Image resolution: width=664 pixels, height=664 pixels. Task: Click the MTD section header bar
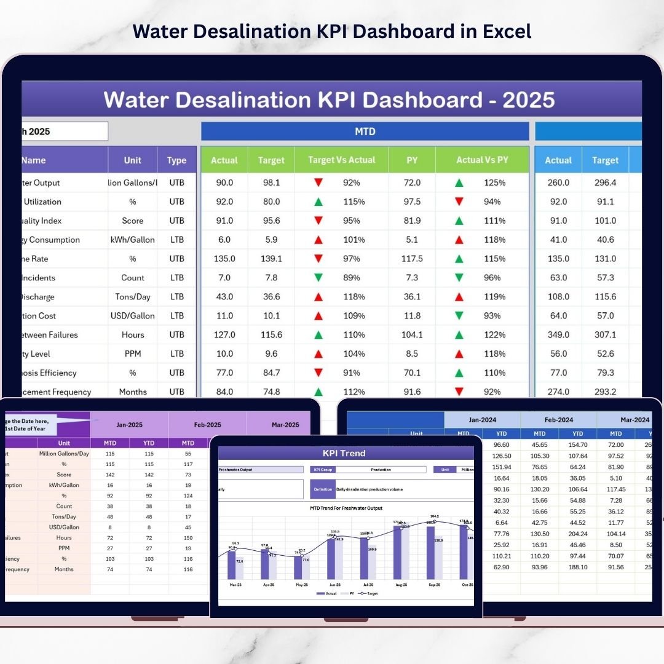tap(365, 131)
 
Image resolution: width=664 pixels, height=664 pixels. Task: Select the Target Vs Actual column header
tap(341, 160)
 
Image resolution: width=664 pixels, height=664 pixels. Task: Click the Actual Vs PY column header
tap(482, 160)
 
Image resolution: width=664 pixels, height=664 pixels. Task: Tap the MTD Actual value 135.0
tap(224, 259)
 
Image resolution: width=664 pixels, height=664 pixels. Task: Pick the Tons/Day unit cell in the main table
tap(133, 297)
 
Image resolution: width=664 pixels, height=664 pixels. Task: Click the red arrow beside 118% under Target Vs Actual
tap(318, 297)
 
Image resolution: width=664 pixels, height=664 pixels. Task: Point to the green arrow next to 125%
tap(459, 183)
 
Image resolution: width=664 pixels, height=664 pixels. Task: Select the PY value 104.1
tap(412, 335)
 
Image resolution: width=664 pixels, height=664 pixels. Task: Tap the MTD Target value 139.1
tap(271, 259)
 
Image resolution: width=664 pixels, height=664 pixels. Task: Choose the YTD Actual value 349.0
tap(558, 335)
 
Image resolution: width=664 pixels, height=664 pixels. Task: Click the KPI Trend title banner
tap(344, 453)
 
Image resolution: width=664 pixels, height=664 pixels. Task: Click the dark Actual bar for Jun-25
tap(331, 559)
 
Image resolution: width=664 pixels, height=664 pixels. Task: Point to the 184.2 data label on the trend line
tap(434, 516)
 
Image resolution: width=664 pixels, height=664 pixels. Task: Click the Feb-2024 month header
tap(558, 420)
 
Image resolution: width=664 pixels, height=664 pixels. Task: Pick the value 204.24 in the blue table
tap(577, 534)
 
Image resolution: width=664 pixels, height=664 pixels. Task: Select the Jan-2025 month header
tap(129, 424)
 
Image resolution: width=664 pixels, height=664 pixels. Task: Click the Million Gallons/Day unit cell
tap(64, 454)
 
